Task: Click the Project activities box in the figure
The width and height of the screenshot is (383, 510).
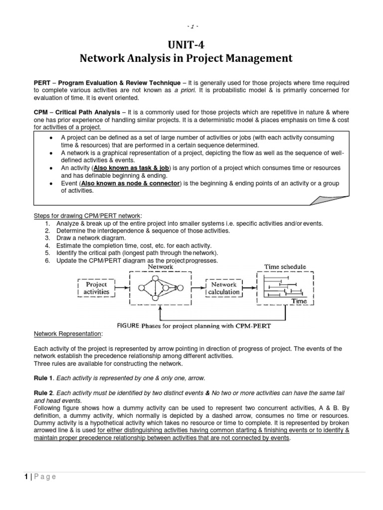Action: click(x=96, y=287)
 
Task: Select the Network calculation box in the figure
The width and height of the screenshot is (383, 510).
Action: click(x=224, y=288)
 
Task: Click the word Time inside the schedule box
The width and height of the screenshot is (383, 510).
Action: click(x=299, y=301)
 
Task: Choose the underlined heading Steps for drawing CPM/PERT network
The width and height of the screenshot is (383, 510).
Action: click(x=88, y=215)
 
